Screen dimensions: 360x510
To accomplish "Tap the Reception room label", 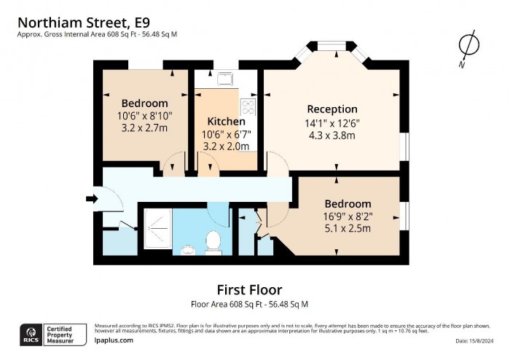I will pyautogui.click(x=332, y=109).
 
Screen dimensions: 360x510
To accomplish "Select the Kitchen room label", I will pyautogui.click(x=226, y=121).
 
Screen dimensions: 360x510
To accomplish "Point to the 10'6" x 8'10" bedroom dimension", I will pyautogui.click(x=144, y=115).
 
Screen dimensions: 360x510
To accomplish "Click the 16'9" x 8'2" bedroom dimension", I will pyautogui.click(x=348, y=216).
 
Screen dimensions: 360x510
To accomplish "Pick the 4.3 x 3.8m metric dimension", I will pyautogui.click(x=332, y=135).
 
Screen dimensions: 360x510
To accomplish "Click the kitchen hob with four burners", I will pyautogui.click(x=248, y=108).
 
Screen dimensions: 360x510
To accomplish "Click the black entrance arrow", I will pyautogui.click(x=91, y=198).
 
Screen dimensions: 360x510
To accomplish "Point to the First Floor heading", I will pyautogui.click(x=250, y=290).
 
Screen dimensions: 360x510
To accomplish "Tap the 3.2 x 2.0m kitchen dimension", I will pyautogui.click(x=226, y=146).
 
